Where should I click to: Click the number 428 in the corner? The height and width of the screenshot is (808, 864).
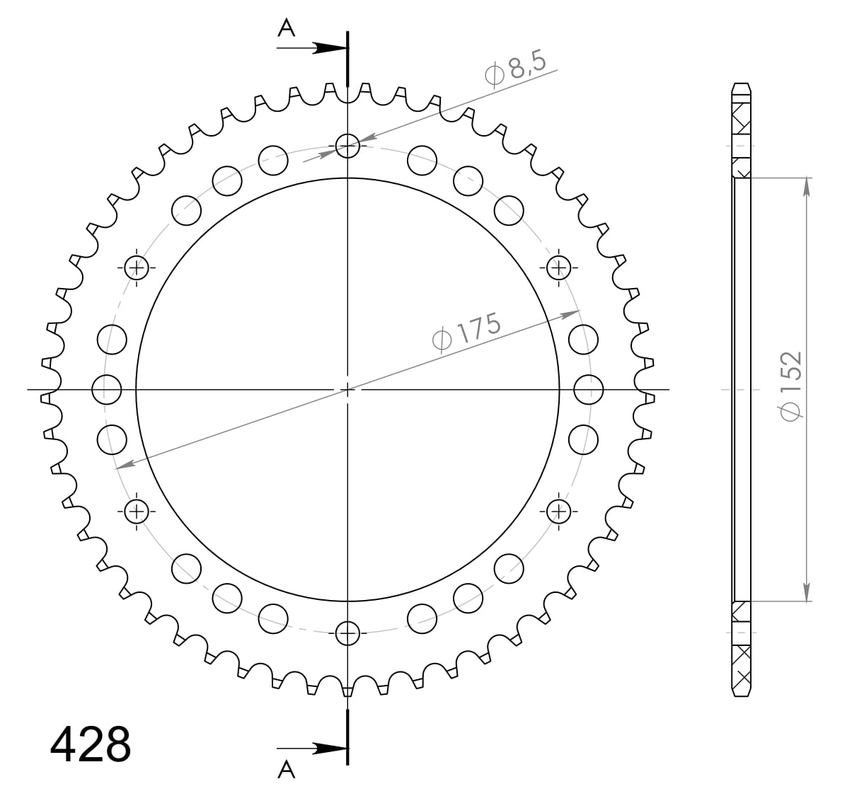[x=91, y=744]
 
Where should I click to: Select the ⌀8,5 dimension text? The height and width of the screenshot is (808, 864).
[x=516, y=69]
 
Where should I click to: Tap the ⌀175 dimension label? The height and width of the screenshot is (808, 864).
[x=466, y=330]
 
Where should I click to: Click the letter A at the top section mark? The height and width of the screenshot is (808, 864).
[x=286, y=28]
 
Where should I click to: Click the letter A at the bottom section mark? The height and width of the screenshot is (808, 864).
[x=286, y=769]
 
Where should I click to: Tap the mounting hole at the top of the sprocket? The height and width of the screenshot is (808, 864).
[x=347, y=146]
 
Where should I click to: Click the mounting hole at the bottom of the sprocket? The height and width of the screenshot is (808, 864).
[x=347, y=633]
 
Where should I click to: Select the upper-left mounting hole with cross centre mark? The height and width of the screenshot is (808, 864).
[x=137, y=267]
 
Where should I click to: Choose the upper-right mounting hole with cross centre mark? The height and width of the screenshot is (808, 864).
[x=558, y=267]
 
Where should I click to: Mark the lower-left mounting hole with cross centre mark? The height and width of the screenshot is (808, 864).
[x=137, y=510]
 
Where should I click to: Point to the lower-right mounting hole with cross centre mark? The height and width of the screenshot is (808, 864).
[x=558, y=510]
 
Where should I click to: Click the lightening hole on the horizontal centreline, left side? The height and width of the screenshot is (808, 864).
[x=108, y=388]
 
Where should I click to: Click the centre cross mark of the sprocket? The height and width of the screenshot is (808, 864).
[x=347, y=389]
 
